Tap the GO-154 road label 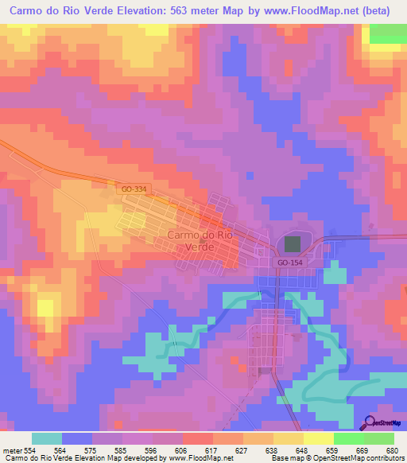click(289, 261)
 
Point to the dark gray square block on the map click(293, 244)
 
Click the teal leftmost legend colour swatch click(47, 438)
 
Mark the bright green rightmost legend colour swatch click(379, 438)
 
